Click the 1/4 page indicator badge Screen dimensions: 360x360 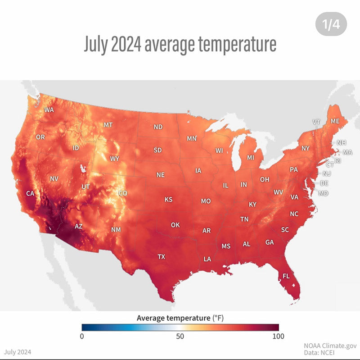pyautogui.click(x=331, y=24)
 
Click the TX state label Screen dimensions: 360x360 pyautogui.click(x=162, y=257)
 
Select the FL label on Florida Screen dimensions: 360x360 pyautogui.click(x=286, y=276)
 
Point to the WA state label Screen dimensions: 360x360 pyautogui.click(x=49, y=109)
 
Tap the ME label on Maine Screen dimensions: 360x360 pyautogui.click(x=335, y=121)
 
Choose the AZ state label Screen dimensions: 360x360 pyautogui.click(x=78, y=226)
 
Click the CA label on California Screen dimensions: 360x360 pyautogui.click(x=30, y=193)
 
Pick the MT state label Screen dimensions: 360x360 pyautogui.click(x=108, y=125)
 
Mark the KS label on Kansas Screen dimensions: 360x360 pyautogui.click(x=168, y=199)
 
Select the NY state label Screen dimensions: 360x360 pyautogui.click(x=306, y=148)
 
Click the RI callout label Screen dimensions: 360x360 pyautogui.click(x=337, y=161)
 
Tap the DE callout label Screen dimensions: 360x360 pyautogui.click(x=324, y=183)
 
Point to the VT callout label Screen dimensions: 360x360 pyautogui.click(x=316, y=122)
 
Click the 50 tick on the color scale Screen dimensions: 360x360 pyautogui.click(x=180, y=336)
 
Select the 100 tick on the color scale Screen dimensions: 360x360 pyautogui.click(x=278, y=336)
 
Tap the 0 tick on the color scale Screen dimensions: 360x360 pyautogui.click(x=82, y=336)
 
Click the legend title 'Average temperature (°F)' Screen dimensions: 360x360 pyautogui.click(x=180, y=318)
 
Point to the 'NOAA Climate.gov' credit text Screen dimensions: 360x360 pyautogui.click(x=330, y=346)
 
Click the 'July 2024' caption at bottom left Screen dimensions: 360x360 pyautogui.click(x=18, y=352)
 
